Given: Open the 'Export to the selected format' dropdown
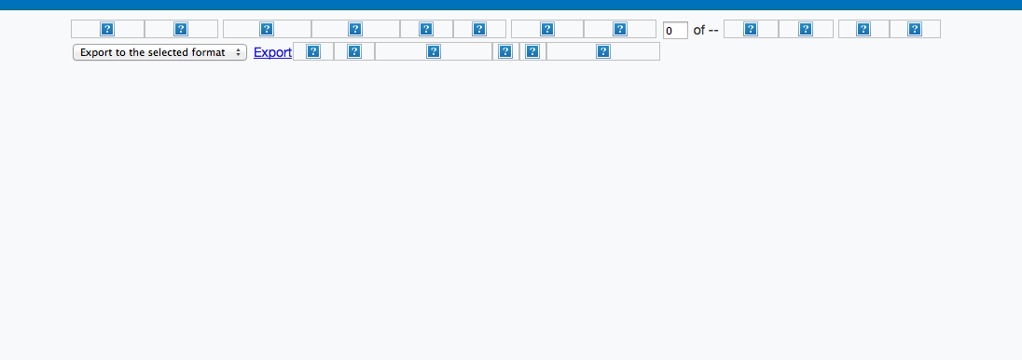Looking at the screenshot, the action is [x=159, y=53].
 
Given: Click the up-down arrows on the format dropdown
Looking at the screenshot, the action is [x=239, y=53].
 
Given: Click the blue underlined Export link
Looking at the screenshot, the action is [x=272, y=53].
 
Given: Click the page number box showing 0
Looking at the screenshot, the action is [x=675, y=31].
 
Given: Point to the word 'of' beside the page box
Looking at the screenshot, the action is [x=699, y=30].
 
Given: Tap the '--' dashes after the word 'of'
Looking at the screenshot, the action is [x=713, y=31].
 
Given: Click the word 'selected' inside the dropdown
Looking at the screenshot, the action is [x=171, y=53].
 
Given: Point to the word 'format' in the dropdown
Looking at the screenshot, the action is [x=211, y=53].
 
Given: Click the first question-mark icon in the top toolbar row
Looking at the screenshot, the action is [x=107, y=29].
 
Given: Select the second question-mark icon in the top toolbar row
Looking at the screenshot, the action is [x=181, y=29].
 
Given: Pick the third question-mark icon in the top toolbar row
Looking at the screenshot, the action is [x=267, y=29].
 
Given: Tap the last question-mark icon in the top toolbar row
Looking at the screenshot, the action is [x=915, y=29].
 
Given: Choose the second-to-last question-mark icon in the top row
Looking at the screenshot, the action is [x=863, y=29].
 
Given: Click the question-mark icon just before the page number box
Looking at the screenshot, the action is [x=620, y=29].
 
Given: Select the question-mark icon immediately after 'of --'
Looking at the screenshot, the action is [x=751, y=29].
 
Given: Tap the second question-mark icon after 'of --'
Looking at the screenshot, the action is [x=806, y=29].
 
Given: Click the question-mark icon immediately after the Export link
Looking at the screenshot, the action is [x=313, y=51].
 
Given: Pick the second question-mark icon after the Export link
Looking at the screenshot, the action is [x=354, y=51].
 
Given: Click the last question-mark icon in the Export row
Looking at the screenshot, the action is [x=603, y=51].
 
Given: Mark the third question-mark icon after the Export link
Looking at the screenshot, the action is [x=434, y=51].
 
